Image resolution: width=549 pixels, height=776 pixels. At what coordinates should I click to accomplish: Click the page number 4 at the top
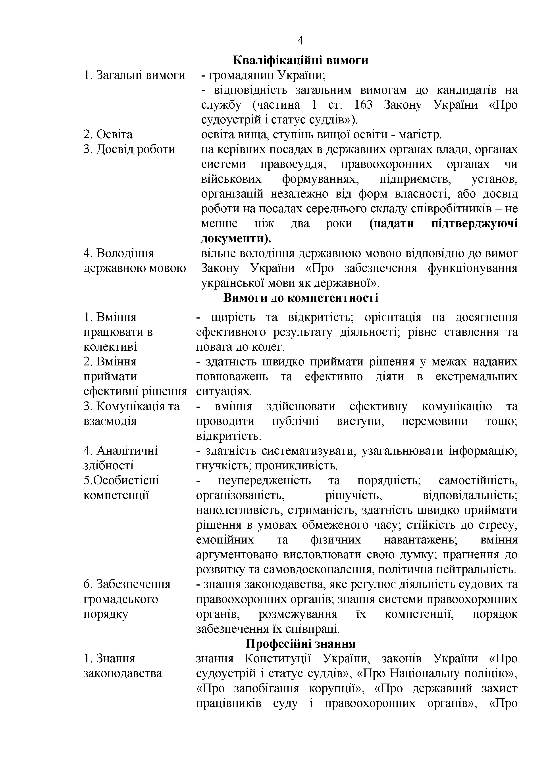300,41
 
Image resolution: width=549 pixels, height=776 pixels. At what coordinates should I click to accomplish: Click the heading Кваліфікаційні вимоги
301,60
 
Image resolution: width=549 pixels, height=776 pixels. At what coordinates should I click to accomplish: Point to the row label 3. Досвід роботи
129,149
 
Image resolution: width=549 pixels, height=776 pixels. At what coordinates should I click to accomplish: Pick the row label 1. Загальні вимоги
134,75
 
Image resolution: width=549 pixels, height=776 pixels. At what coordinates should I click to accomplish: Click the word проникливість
297,466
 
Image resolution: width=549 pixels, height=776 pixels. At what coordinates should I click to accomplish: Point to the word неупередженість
264,481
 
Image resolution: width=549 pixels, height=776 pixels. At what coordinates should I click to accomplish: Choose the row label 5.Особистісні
121,481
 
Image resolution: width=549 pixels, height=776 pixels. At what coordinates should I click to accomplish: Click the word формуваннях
320,179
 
